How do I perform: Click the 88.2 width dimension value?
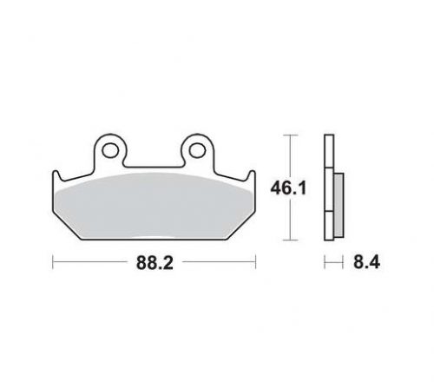tap(155, 263)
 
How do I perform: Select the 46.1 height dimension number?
tap(288, 188)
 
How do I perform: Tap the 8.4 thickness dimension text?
tap(366, 262)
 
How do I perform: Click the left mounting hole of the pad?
tap(110, 150)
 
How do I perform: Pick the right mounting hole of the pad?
tap(197, 150)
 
